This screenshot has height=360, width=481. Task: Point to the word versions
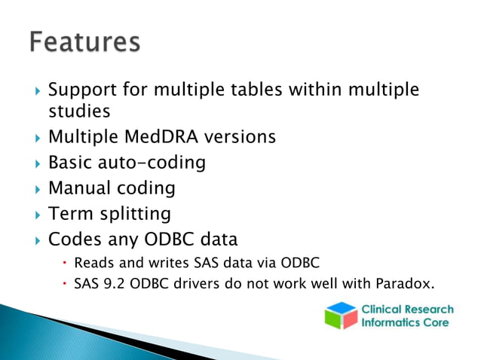[237, 137]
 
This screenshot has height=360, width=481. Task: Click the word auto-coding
[156, 163]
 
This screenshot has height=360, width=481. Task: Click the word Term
[69, 214]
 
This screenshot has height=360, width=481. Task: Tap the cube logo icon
[340, 315]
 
